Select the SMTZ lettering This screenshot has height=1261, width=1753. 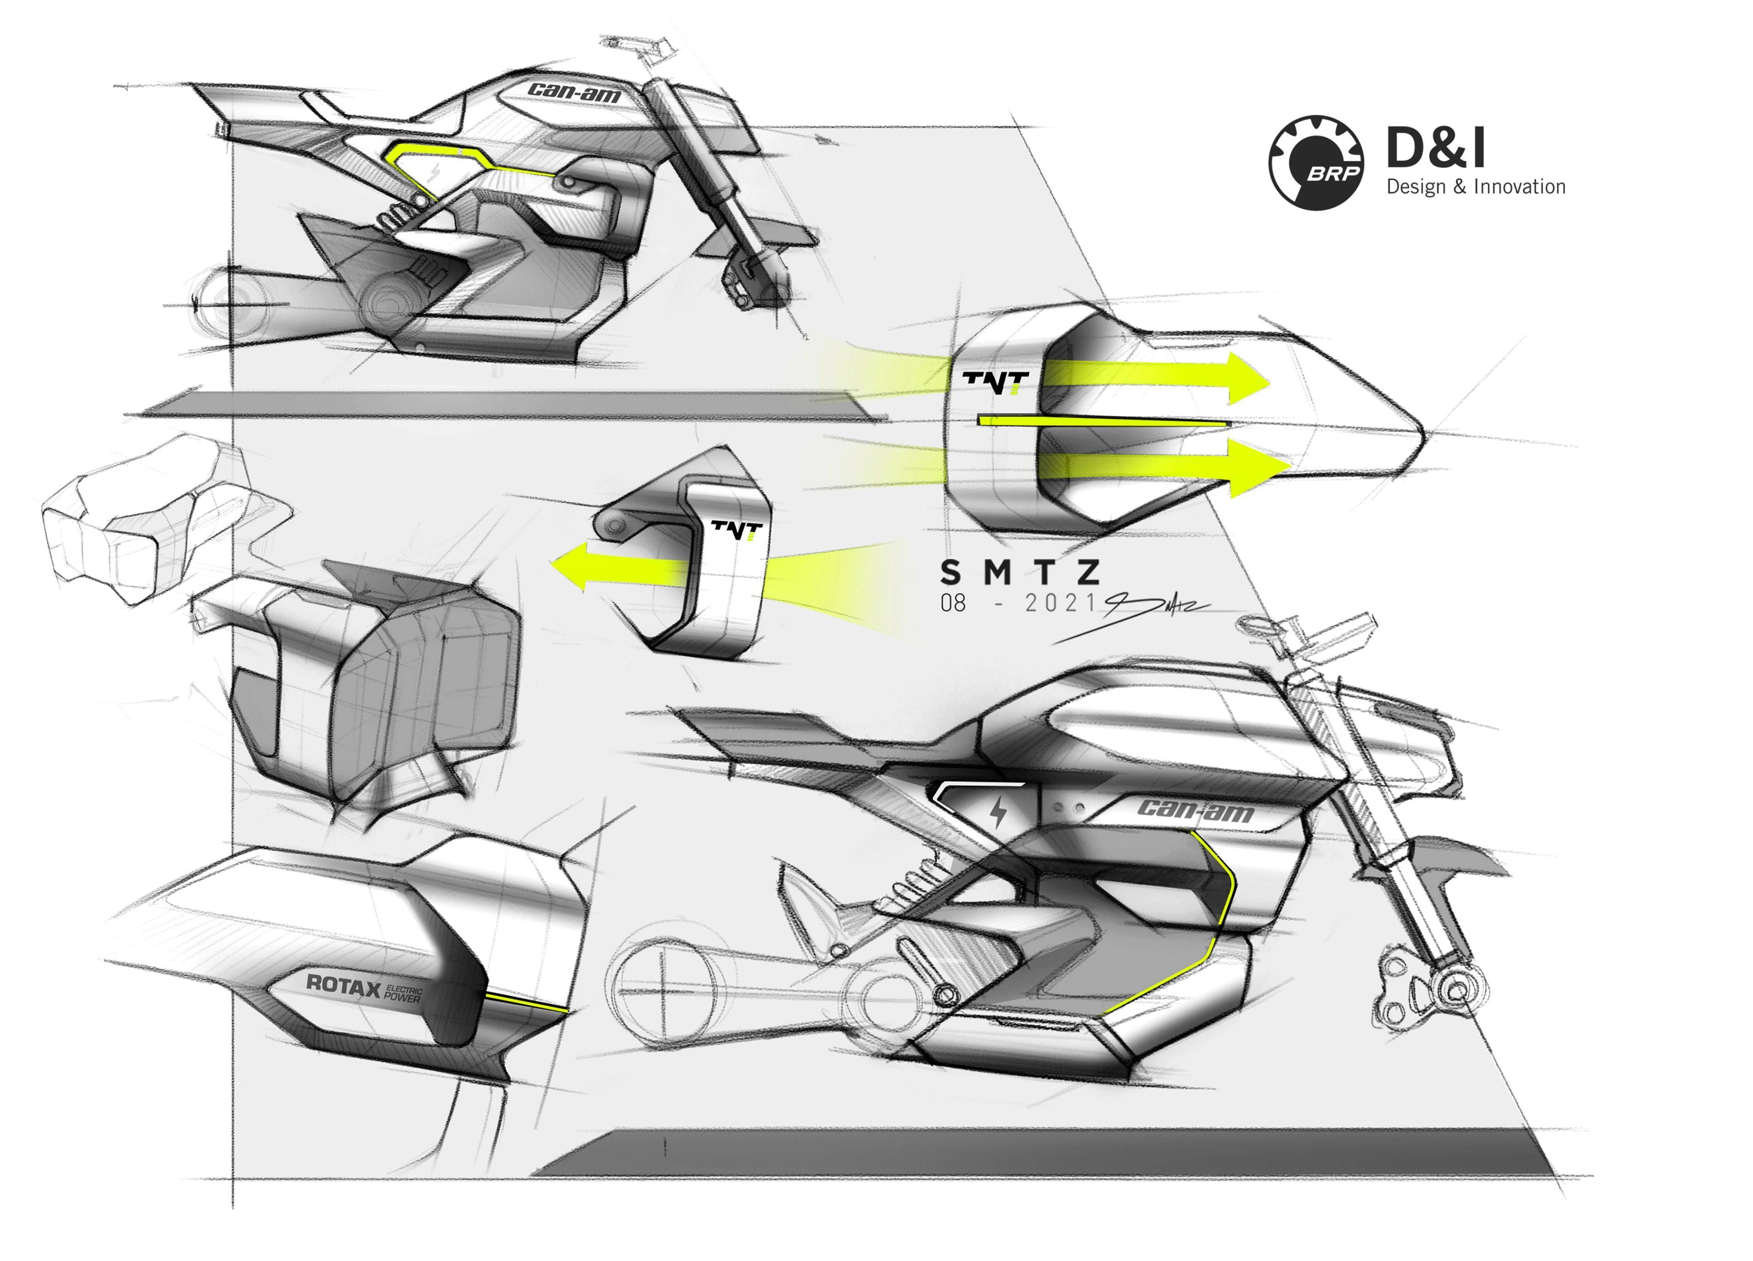[1019, 573]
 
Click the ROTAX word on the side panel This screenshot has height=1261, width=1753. [343, 985]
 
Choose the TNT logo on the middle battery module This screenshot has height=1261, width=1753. [736, 529]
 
